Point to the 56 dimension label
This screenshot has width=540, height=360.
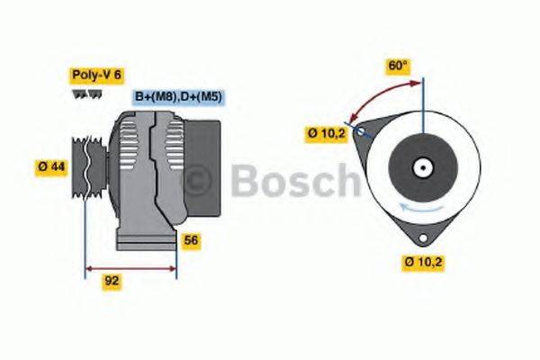(x=191, y=240)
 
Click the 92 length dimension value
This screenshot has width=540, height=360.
(x=112, y=281)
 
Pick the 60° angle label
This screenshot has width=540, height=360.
(x=398, y=65)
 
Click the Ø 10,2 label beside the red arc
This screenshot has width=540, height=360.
(x=327, y=134)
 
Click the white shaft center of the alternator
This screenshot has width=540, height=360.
(x=422, y=167)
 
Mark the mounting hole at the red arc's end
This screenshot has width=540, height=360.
(x=360, y=131)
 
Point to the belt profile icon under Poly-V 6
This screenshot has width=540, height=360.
(x=79, y=94)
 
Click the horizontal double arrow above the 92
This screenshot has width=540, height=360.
(x=130, y=267)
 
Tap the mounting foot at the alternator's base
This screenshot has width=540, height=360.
(x=144, y=241)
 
